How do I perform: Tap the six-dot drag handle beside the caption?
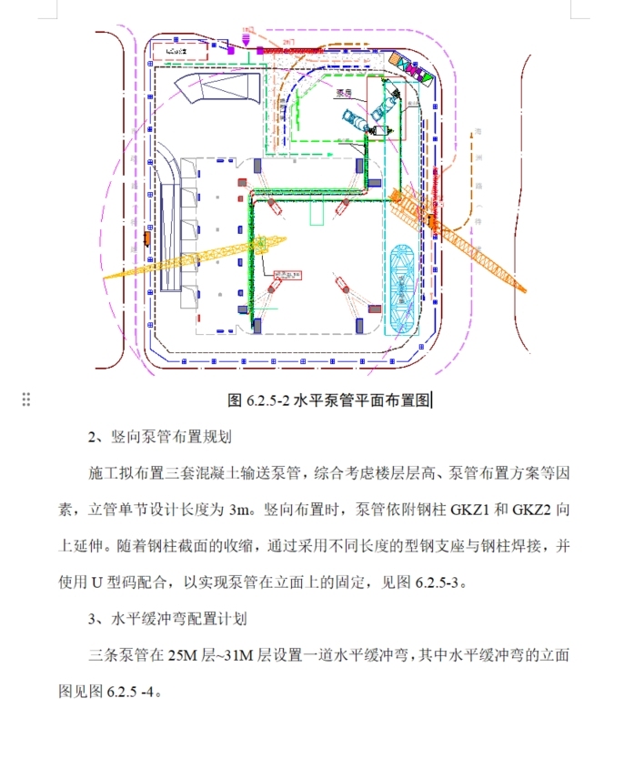tap(26, 399)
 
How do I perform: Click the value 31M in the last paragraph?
tap(251, 656)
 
